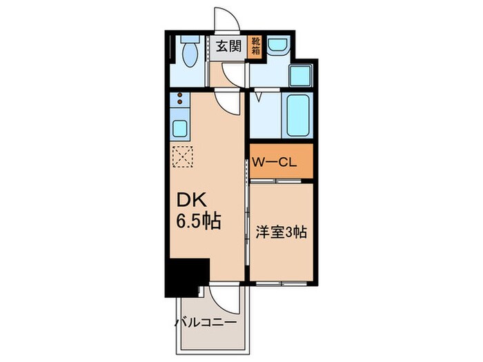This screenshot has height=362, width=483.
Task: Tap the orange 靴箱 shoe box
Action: pyautogui.click(x=256, y=47)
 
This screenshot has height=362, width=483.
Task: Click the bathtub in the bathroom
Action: pyautogui.click(x=299, y=114)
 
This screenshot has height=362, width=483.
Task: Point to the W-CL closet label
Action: pyautogui.click(x=275, y=163)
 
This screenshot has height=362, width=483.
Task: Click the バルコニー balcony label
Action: pyautogui.click(x=205, y=323)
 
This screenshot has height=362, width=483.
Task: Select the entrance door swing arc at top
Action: pyautogui.click(x=226, y=19)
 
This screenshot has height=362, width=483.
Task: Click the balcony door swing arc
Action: pyautogui.click(x=225, y=298)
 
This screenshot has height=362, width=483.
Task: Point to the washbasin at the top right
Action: pyautogui.click(x=277, y=46)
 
